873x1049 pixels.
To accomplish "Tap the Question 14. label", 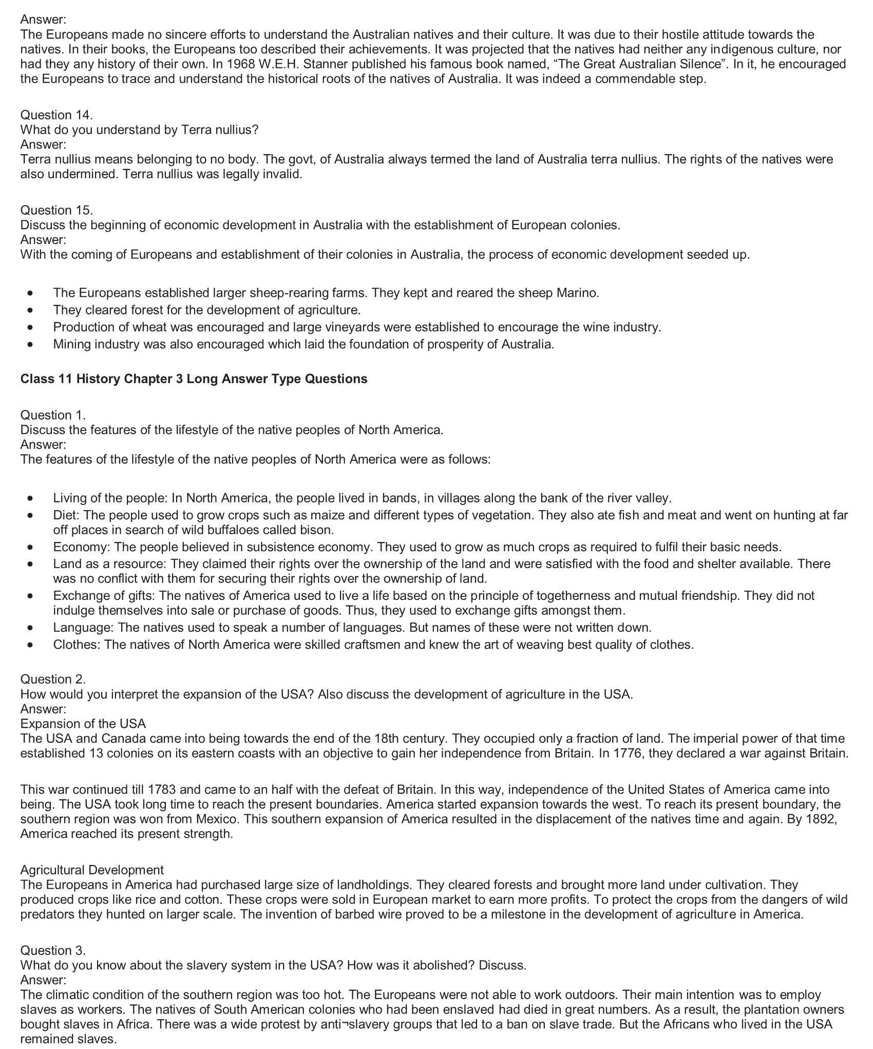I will tap(56, 115).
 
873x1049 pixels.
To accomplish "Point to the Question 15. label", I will tap(56, 210).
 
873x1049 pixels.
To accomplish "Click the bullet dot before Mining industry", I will tap(32, 344).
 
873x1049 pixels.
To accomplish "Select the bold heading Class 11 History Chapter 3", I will tap(194, 379).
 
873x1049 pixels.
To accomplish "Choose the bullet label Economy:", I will tap(82, 547).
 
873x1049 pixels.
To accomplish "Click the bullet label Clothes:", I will tap(77, 645).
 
